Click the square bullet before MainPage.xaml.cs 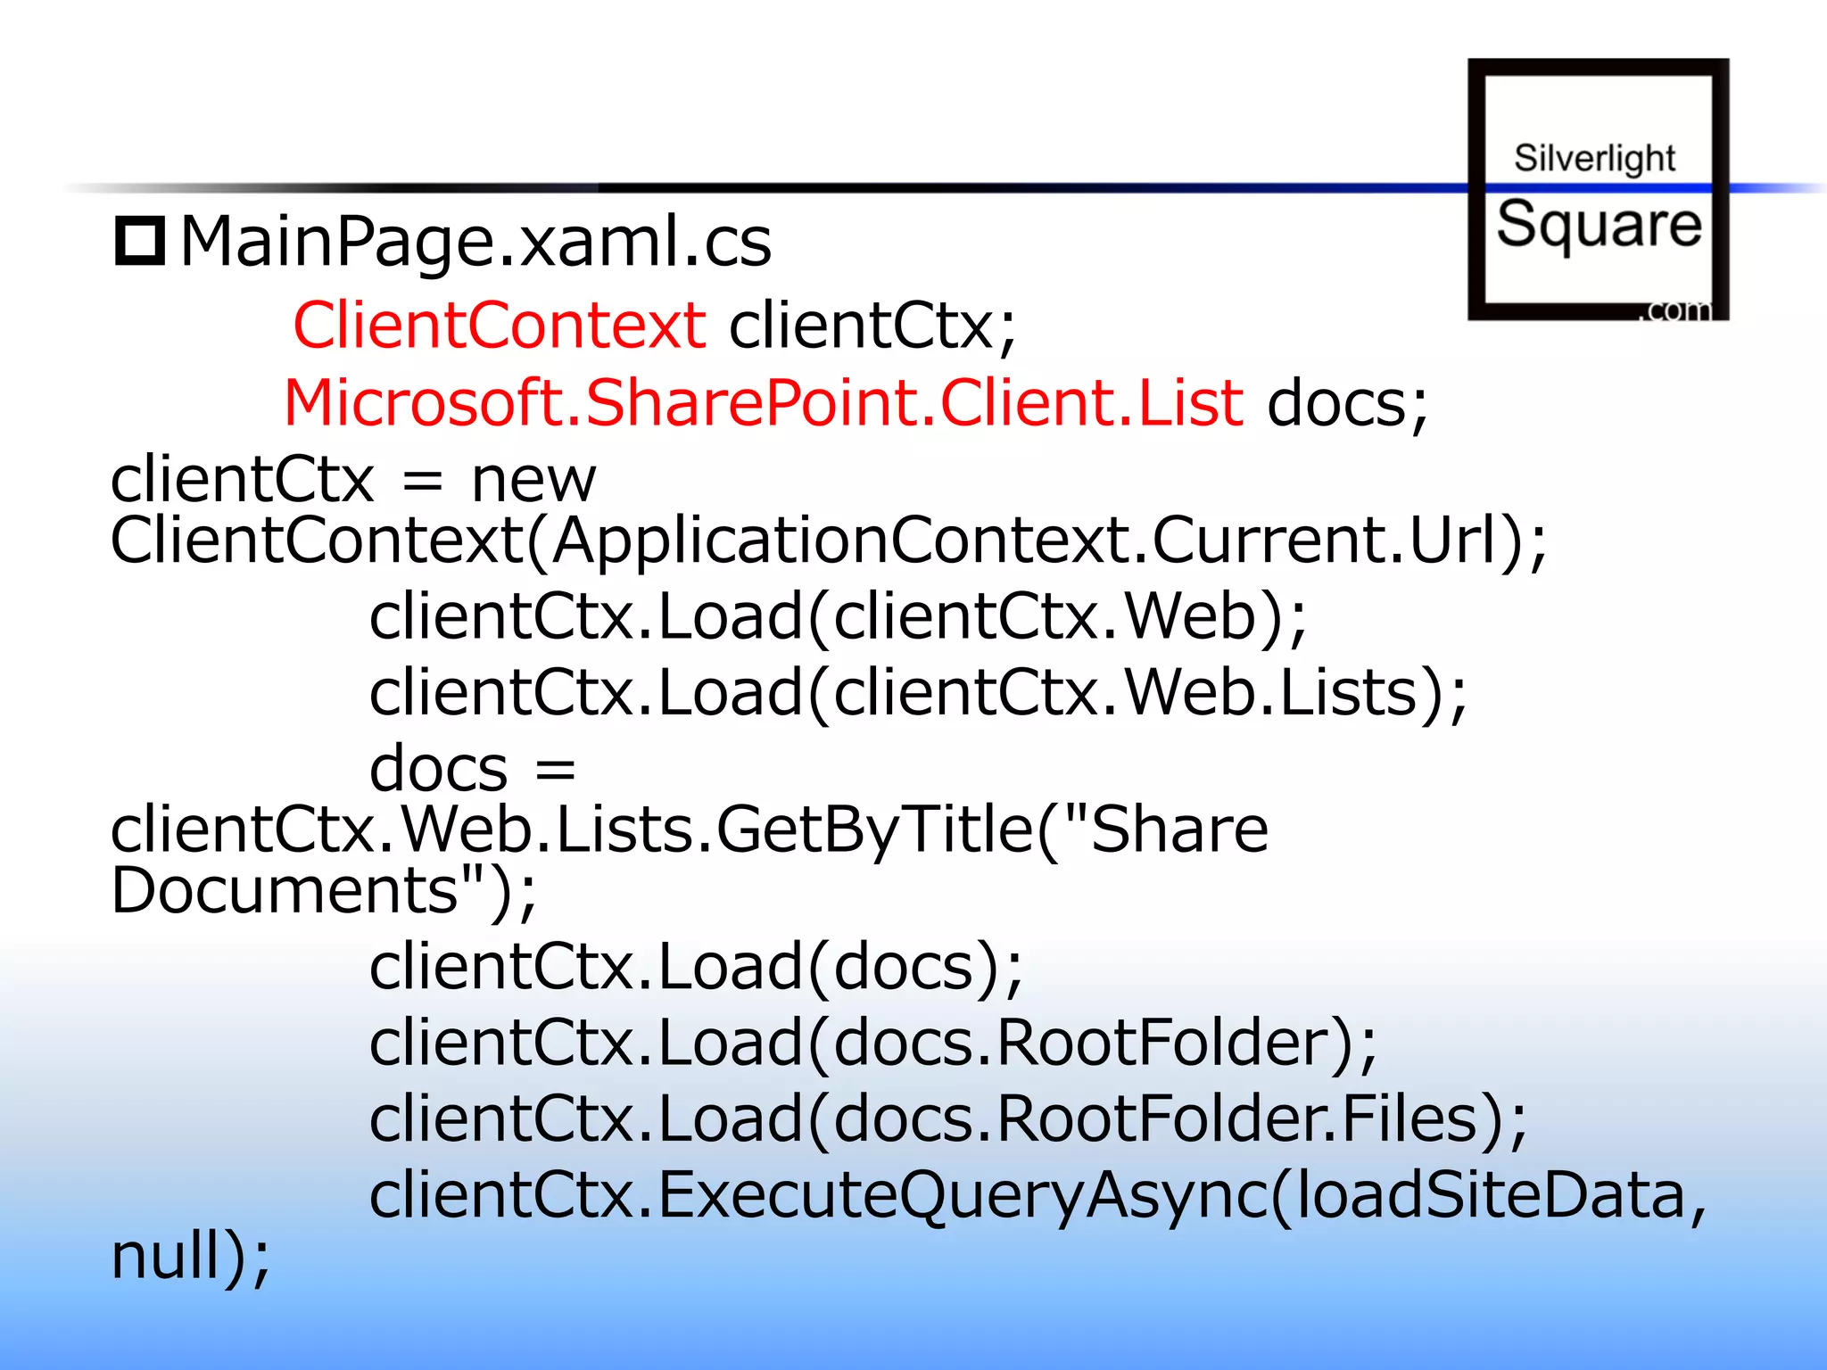pos(140,241)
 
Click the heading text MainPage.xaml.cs pos(475,242)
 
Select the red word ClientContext pos(500,325)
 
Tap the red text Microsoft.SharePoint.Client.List pos(763,402)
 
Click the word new pos(533,480)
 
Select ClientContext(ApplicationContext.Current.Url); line pos(828,541)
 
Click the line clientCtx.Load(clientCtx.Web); pos(838,617)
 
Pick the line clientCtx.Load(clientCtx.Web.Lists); pos(918,693)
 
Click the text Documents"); pos(324,890)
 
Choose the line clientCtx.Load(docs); pos(696,967)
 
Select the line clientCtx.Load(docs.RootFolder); pos(873,1043)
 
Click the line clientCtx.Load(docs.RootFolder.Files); pos(948,1118)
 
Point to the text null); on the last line pos(190,1257)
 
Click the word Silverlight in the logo pos(1595,159)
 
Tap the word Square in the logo pos(1599,224)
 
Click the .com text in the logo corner pos(1678,309)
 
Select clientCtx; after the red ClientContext pos(872,326)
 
